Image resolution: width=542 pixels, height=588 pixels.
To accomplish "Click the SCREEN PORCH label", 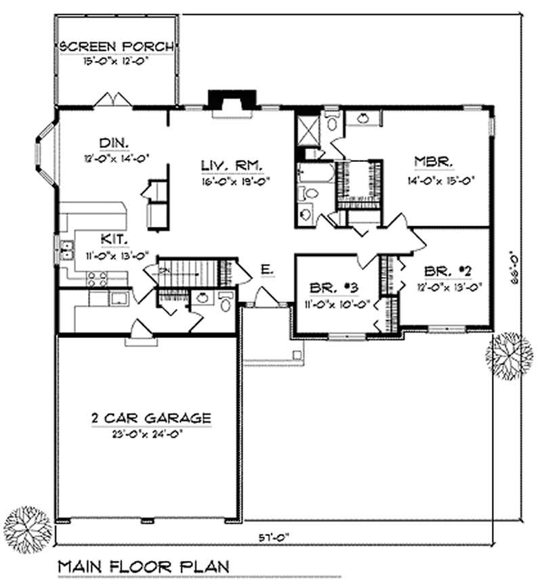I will [x=117, y=47].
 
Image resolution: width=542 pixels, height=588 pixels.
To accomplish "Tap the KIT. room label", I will [x=113, y=239].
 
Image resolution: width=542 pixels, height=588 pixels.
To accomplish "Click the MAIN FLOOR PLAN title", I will [x=142, y=566].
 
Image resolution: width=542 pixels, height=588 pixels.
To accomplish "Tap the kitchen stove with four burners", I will [x=98, y=278].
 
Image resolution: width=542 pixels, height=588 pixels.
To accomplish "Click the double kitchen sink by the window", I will [x=66, y=250].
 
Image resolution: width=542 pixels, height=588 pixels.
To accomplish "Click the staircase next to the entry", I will [x=190, y=272].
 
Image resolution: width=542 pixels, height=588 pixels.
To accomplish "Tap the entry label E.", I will [x=266, y=271].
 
